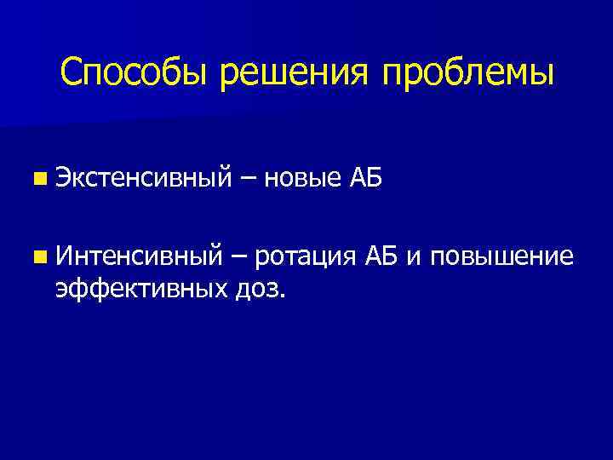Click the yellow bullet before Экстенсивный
(40, 179)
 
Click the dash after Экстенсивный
(248, 179)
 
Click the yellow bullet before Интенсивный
(40, 256)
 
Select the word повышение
(501, 256)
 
